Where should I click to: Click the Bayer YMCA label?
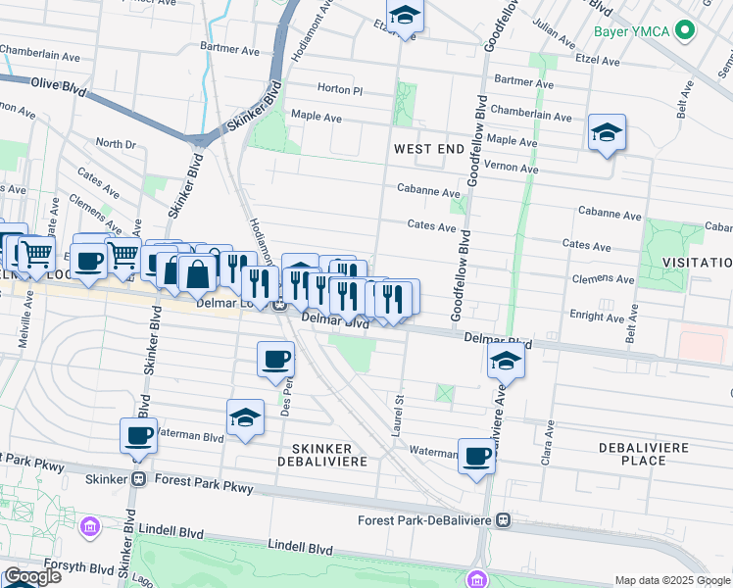click(633, 31)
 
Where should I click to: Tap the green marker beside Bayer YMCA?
click(688, 31)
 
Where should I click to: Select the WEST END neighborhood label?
click(428, 149)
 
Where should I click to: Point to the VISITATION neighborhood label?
click(697, 263)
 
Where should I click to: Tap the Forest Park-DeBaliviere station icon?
click(504, 519)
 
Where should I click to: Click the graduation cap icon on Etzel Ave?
click(403, 17)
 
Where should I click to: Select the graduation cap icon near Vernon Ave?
click(607, 132)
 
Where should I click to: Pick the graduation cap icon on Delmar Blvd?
click(506, 361)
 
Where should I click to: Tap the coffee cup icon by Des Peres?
click(275, 358)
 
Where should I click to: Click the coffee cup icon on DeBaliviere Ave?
click(477, 456)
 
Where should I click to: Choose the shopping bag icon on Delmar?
click(197, 273)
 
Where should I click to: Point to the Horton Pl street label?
click(340, 89)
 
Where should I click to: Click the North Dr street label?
click(116, 144)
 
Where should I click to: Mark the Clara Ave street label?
click(551, 431)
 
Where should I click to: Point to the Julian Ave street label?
click(553, 37)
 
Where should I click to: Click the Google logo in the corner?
click(32, 576)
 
